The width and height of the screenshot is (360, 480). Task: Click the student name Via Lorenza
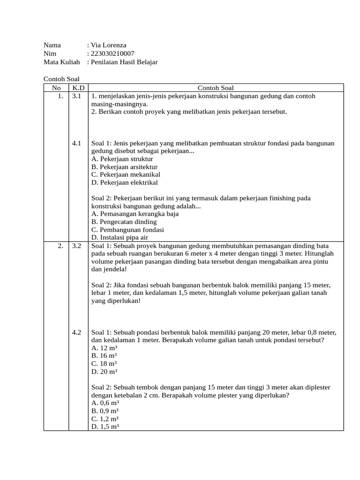click(108, 45)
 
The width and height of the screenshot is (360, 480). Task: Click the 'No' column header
click(56, 88)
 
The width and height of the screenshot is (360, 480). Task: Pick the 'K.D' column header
click(78, 88)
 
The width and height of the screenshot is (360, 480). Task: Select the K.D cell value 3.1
click(77, 96)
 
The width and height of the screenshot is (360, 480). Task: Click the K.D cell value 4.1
click(77, 143)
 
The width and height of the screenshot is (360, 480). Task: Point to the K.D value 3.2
click(77, 246)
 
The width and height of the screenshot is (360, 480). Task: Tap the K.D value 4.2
click(77, 332)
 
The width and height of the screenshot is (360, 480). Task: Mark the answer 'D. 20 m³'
click(104, 372)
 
